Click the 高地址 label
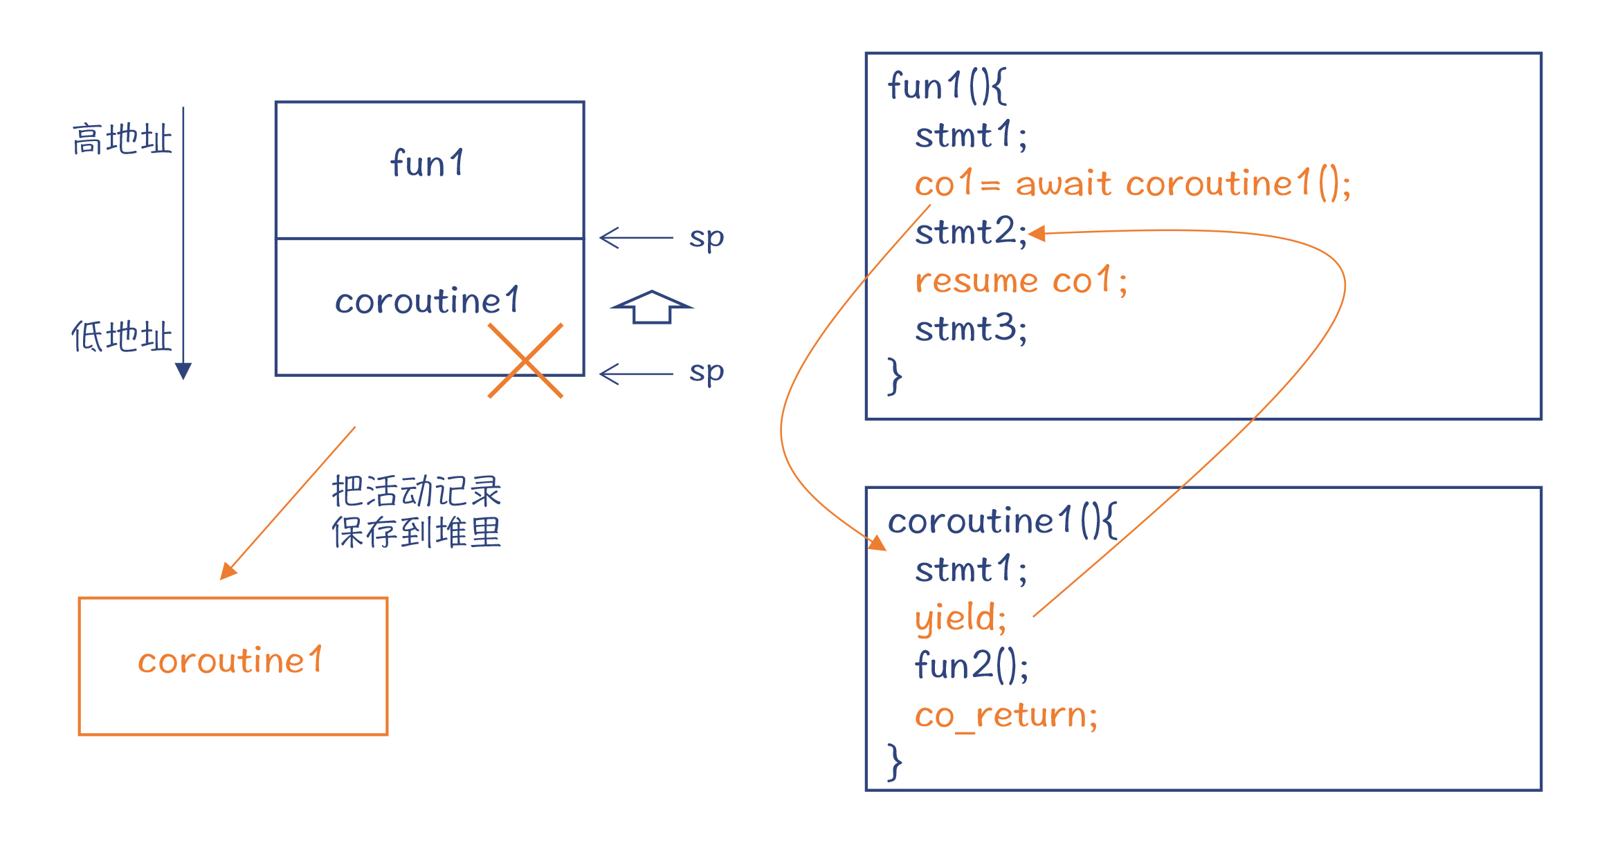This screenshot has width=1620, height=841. tap(122, 139)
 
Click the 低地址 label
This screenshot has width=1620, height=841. tap(122, 337)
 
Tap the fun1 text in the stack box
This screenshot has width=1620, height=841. tap(428, 163)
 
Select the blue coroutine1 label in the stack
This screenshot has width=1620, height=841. tap(427, 301)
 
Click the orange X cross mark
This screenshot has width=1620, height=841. tap(526, 360)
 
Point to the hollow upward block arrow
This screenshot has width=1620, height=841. tap(651, 306)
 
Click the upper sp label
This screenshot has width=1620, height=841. tap(707, 237)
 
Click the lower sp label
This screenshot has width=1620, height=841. tap(707, 372)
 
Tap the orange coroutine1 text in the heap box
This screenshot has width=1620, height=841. tap(230, 660)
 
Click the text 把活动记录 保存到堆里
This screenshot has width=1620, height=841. tap(417, 512)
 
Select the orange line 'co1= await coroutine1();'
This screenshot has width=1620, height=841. tap(1132, 184)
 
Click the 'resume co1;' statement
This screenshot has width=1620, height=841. tap(1021, 281)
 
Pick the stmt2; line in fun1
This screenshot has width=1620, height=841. tap(970, 232)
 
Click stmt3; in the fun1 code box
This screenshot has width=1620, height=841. tap(970, 329)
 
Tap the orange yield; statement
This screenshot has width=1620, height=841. tap(961, 618)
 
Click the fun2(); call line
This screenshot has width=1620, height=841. tap(972, 665)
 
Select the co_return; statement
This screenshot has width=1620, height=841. tap(1005, 715)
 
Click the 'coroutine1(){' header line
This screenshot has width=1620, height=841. tap(1001, 521)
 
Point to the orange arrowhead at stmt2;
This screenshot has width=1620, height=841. tap(1037, 234)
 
